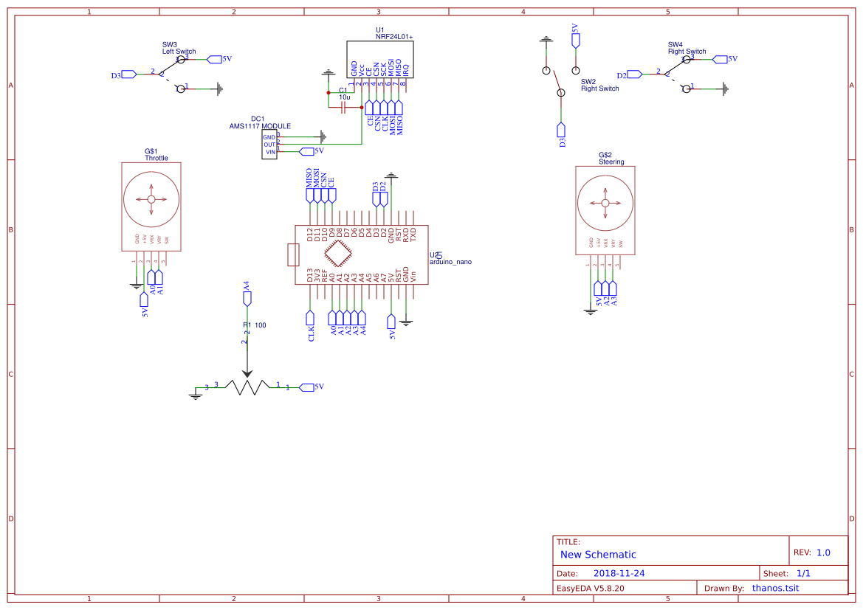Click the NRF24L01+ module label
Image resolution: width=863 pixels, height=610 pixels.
(x=394, y=36)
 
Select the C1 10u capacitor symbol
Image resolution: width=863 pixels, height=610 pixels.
(x=343, y=108)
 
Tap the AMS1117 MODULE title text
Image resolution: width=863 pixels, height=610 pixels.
(x=260, y=126)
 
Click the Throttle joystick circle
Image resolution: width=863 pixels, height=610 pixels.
(x=151, y=199)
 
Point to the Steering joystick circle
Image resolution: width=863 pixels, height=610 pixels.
(x=605, y=203)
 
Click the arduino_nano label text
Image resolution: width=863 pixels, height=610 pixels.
(x=450, y=262)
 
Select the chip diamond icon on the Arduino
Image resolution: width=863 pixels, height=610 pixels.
(x=337, y=254)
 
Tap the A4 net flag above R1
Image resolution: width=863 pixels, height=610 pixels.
(x=247, y=297)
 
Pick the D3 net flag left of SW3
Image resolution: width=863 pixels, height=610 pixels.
(x=127, y=74)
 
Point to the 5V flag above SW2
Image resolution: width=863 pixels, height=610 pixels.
(x=575, y=40)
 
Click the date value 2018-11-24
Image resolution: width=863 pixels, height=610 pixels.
(x=619, y=573)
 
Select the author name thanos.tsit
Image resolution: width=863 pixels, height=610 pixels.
(x=775, y=588)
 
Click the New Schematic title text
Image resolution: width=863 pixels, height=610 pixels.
(x=598, y=555)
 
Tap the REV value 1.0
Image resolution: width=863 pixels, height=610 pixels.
(x=823, y=552)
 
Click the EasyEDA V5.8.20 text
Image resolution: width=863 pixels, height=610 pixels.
(x=590, y=588)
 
